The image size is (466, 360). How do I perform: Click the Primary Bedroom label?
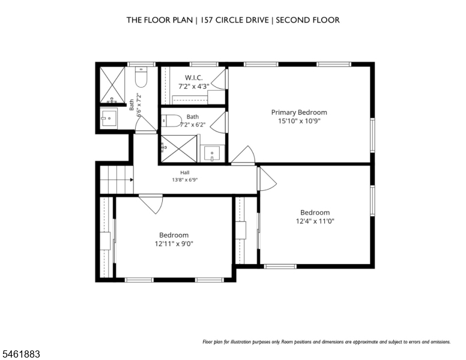coord(299,112)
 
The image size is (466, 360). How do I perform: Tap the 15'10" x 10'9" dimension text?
coord(299,121)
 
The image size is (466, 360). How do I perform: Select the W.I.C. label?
coord(194,77)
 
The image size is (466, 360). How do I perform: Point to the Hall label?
coord(184,172)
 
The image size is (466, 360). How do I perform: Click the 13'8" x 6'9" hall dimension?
coord(184,180)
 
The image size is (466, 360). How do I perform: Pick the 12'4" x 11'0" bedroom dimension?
coord(315,221)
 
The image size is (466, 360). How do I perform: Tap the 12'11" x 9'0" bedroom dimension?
coord(174,244)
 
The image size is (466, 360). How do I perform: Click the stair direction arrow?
coord(132,180)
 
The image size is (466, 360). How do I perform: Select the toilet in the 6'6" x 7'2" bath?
coord(141,77)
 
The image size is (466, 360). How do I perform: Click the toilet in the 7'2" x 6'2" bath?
coord(172,121)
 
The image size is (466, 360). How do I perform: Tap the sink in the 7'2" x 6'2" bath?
coord(211,154)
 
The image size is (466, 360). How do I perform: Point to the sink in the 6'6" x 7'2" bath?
coord(109,118)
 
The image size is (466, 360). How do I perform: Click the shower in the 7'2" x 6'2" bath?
coord(178,149)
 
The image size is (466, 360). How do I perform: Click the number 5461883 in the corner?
coord(21,354)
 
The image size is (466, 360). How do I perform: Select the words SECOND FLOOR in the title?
coord(307,20)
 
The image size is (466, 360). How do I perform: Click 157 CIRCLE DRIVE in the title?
coord(235,20)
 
